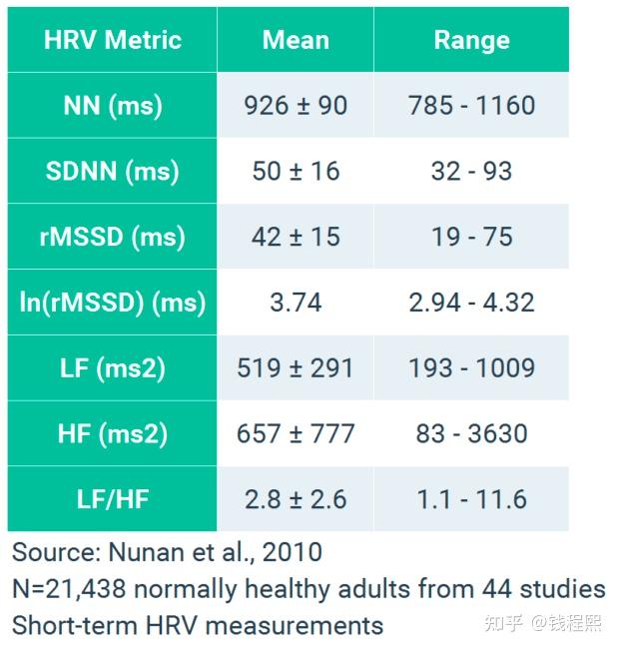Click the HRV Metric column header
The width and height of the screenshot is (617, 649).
coord(112,40)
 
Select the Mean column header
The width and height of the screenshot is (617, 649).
coord(296,40)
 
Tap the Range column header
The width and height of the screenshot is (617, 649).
coord(471,40)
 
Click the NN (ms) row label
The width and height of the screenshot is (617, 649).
coord(112,105)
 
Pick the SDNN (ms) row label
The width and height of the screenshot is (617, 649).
coord(112,171)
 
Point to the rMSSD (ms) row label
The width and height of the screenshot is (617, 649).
coord(112,237)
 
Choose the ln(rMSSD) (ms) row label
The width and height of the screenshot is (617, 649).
coord(112,302)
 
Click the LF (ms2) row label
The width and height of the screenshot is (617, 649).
coord(112,367)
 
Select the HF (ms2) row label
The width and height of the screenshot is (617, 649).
coord(112,433)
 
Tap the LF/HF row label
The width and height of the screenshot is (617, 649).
coord(112,499)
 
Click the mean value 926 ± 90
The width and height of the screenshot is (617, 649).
coord(296,105)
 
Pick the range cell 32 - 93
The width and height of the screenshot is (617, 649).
coord(471,171)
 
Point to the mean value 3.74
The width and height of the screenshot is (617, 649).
coord(296,302)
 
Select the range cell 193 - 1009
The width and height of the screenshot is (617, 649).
coord(471,367)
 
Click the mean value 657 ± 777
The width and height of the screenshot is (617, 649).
coord(296,433)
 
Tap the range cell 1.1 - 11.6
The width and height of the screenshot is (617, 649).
coord(471,499)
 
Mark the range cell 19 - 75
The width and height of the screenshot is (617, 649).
coord(471,237)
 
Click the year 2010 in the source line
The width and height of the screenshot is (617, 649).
coord(291,551)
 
